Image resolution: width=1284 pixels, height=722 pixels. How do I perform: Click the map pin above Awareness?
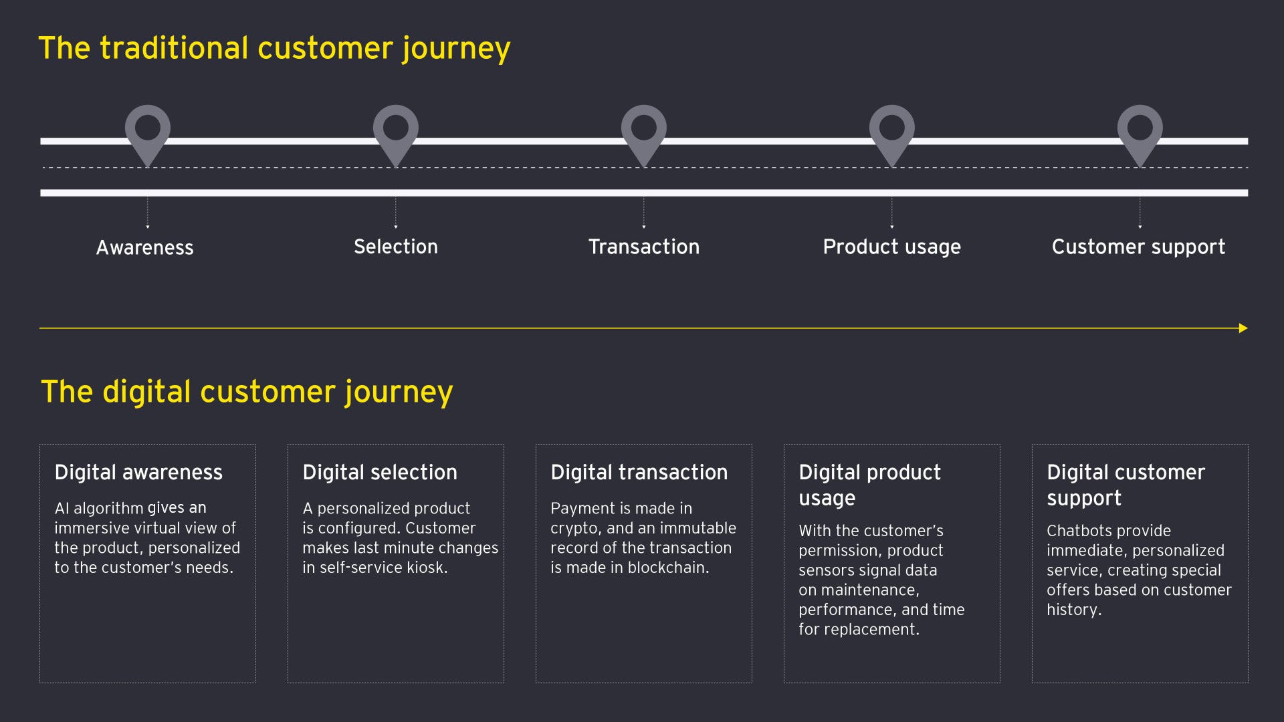[x=148, y=132]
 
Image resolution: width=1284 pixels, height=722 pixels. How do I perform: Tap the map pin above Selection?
[x=396, y=132]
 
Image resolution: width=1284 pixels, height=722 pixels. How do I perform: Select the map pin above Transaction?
[x=644, y=132]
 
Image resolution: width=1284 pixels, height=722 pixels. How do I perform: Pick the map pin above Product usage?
[x=892, y=132]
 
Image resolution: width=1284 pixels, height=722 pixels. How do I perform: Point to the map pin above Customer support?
[x=1140, y=132]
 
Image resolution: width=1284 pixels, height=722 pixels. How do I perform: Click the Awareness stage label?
[x=145, y=248]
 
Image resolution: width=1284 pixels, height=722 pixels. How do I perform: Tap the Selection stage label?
[x=396, y=247]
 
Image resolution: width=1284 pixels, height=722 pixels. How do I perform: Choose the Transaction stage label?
[x=644, y=247]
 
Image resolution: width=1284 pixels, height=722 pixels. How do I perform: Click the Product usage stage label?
[x=892, y=247]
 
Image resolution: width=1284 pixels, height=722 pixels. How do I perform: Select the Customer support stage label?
[x=1139, y=247]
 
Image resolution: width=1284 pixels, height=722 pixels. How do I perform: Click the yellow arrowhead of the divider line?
[x=1243, y=328]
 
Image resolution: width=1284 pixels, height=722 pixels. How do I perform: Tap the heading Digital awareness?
[x=138, y=473]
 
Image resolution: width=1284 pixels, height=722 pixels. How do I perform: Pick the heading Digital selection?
[x=380, y=473]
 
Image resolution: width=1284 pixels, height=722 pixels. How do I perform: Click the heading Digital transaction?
[x=639, y=473]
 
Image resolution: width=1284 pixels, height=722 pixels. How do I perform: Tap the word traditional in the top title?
[x=175, y=48]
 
